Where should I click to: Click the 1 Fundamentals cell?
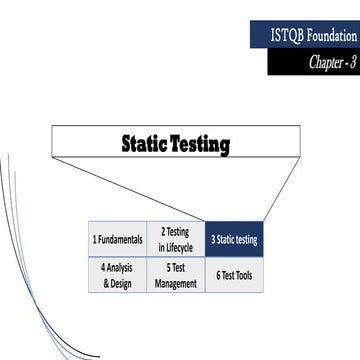pos(118,241)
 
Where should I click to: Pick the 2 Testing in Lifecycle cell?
pos(176,240)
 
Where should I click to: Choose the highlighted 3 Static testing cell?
pos(234,240)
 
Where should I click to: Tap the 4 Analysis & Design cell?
pos(118,276)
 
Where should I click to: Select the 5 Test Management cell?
pos(176,276)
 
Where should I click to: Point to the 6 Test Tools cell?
pos(234,275)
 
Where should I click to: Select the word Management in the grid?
pos(176,283)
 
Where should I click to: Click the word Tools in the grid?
pos(243,275)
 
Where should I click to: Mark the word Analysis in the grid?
pos(121,268)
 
